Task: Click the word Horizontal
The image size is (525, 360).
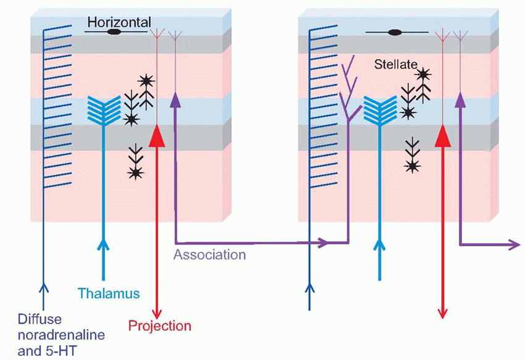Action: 119,22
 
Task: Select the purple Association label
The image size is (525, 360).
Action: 210,254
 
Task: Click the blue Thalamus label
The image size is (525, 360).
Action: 109,293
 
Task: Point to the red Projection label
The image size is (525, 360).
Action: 160,325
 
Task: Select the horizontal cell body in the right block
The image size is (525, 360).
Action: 396,31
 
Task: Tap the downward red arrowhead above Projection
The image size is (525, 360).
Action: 159,311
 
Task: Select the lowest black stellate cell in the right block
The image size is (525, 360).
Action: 412,165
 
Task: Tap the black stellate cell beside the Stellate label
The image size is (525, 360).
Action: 422,75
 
